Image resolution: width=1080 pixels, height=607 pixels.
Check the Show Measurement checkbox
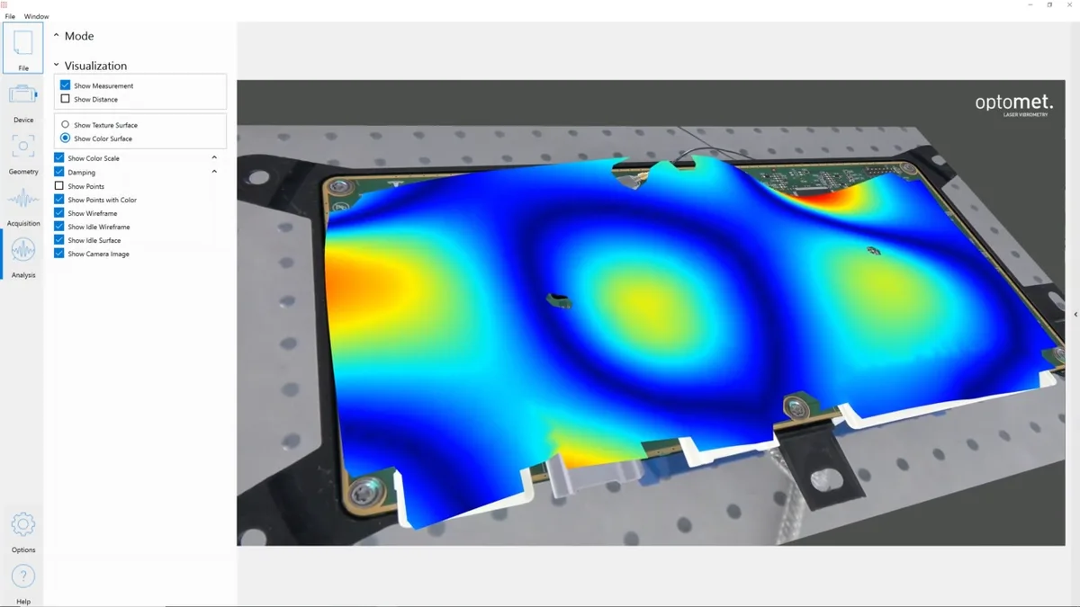click(x=65, y=85)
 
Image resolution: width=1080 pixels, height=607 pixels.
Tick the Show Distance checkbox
click(x=65, y=99)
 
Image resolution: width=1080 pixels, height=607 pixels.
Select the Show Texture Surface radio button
click(x=65, y=124)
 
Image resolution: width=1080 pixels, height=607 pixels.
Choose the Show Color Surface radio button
click(x=65, y=138)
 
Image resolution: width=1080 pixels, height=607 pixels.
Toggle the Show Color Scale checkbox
click(x=58, y=157)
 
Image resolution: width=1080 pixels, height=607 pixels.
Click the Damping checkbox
click(x=58, y=172)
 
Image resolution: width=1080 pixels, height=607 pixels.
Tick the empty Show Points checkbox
click(x=58, y=185)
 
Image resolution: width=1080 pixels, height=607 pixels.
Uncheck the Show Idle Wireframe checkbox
click(x=58, y=226)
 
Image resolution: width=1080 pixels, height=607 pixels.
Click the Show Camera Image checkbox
click(x=58, y=253)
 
